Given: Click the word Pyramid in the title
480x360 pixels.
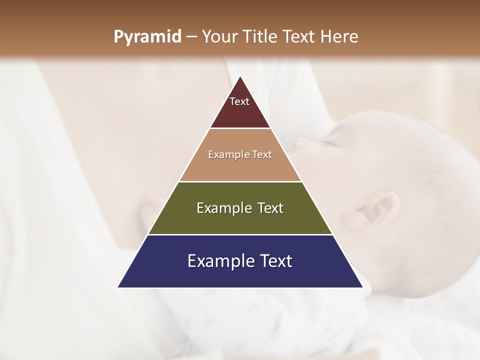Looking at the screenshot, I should point(147,37).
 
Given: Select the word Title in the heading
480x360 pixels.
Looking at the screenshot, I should point(260,36).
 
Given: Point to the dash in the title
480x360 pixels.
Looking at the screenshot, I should point(191,37).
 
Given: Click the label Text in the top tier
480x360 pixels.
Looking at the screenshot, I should point(239,101).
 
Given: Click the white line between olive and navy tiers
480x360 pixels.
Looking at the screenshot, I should point(240,234).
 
